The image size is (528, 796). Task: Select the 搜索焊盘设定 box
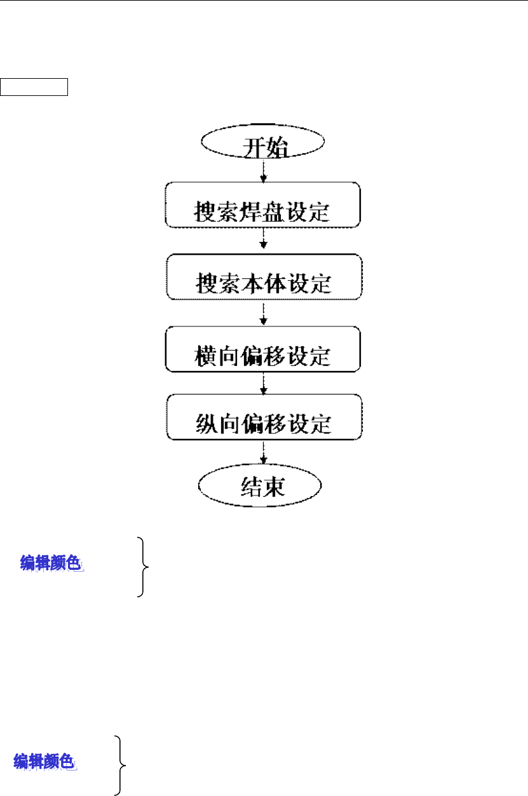pyautogui.click(x=262, y=205)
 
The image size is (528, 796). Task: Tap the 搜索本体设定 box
pyautogui.click(x=263, y=277)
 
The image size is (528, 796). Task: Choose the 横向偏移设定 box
pyautogui.click(x=263, y=349)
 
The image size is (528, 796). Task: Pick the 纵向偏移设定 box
pyautogui.click(x=263, y=417)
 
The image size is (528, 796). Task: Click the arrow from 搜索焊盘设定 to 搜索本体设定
pyautogui.click(x=263, y=241)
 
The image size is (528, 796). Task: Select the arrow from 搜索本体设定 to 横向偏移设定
pyautogui.click(x=263, y=313)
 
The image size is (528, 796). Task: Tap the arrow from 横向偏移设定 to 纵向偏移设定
pyautogui.click(x=263, y=383)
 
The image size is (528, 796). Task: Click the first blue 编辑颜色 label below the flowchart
pyautogui.click(x=53, y=563)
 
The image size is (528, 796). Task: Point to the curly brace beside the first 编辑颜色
pyautogui.click(x=144, y=567)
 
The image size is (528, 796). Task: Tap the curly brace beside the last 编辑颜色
pyautogui.click(x=119, y=764)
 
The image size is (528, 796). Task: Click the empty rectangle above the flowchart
pyautogui.click(x=34, y=86)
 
